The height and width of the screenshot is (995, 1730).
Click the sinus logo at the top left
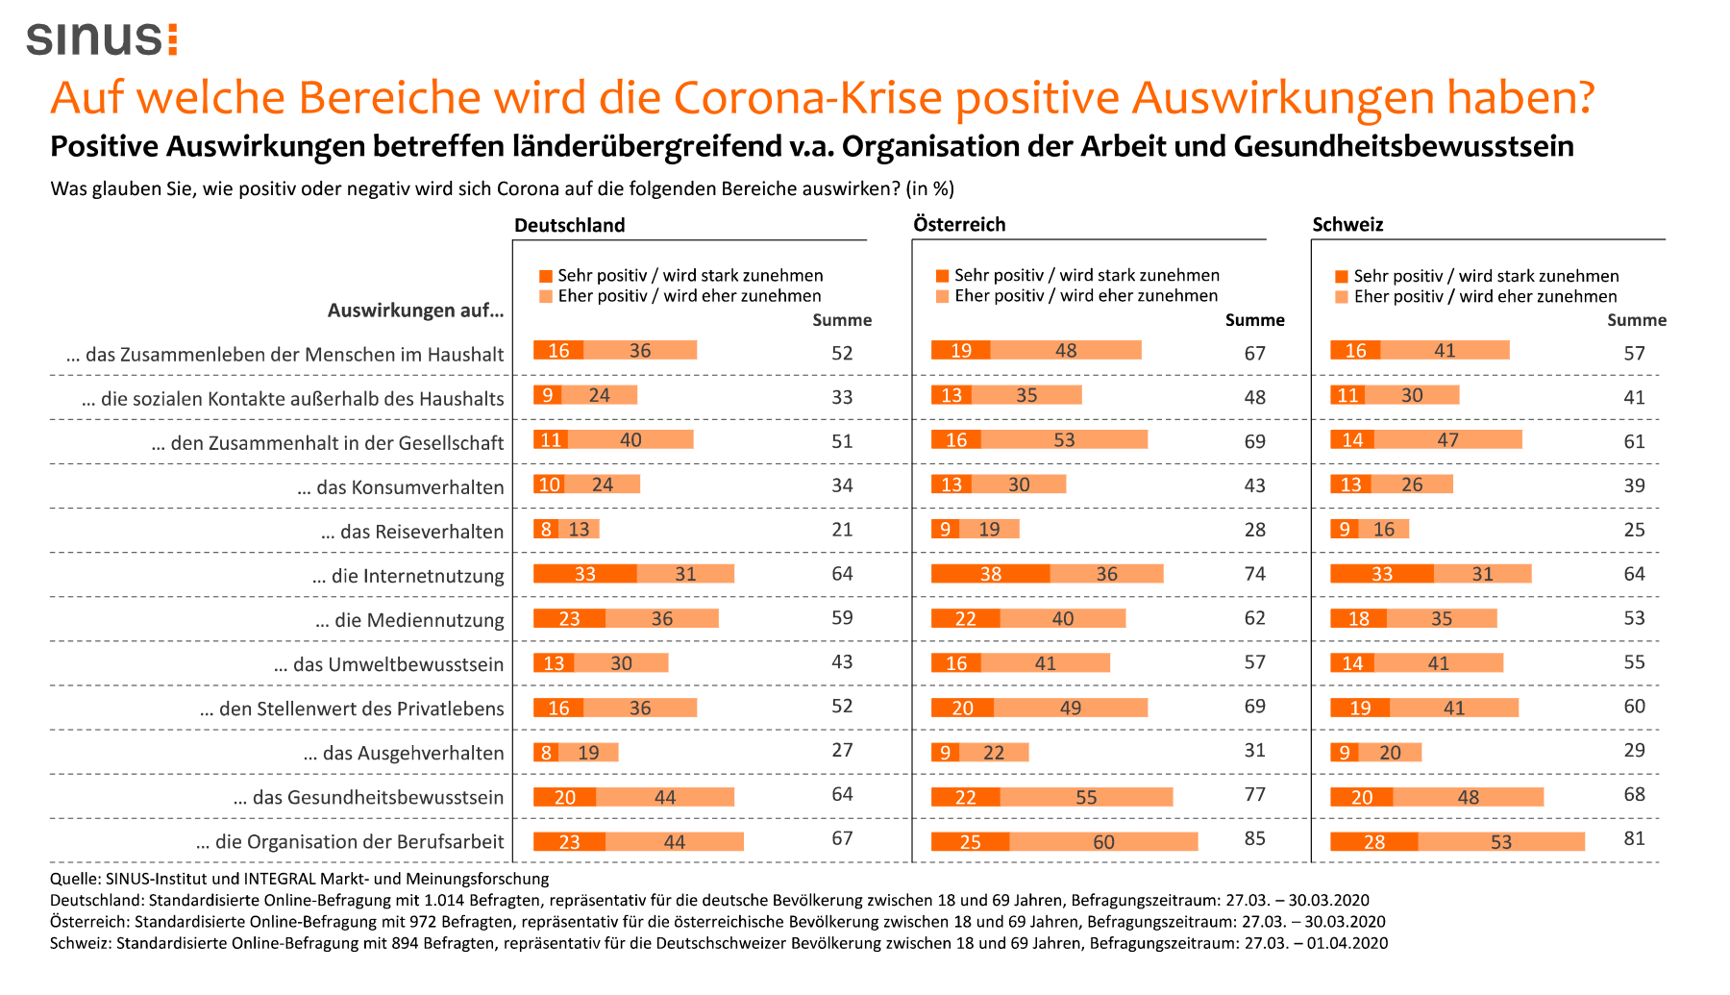click(x=102, y=38)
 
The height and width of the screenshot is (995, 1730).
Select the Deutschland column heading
click(x=569, y=225)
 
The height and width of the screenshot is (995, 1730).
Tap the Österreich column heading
click(x=959, y=224)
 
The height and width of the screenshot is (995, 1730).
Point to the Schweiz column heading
click(x=1347, y=224)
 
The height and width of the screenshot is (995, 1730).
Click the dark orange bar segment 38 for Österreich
click(x=990, y=574)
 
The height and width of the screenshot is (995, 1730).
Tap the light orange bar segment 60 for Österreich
click(x=1103, y=842)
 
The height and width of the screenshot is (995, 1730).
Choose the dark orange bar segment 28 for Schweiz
click(x=1373, y=842)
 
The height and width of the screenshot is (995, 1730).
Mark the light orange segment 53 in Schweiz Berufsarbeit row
click(x=1500, y=842)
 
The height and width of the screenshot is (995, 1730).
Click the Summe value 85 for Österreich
click(x=1254, y=838)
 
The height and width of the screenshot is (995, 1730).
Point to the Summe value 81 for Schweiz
click(x=1634, y=838)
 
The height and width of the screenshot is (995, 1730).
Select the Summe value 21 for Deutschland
click(x=842, y=530)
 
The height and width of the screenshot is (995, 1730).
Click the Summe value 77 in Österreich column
click(x=1254, y=794)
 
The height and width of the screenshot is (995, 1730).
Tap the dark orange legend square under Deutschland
click(x=546, y=276)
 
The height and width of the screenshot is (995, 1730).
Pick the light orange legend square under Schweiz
click(x=1342, y=297)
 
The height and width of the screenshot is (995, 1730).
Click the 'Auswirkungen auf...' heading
click(x=415, y=310)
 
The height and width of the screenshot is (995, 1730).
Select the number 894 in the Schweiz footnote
click(x=405, y=943)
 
